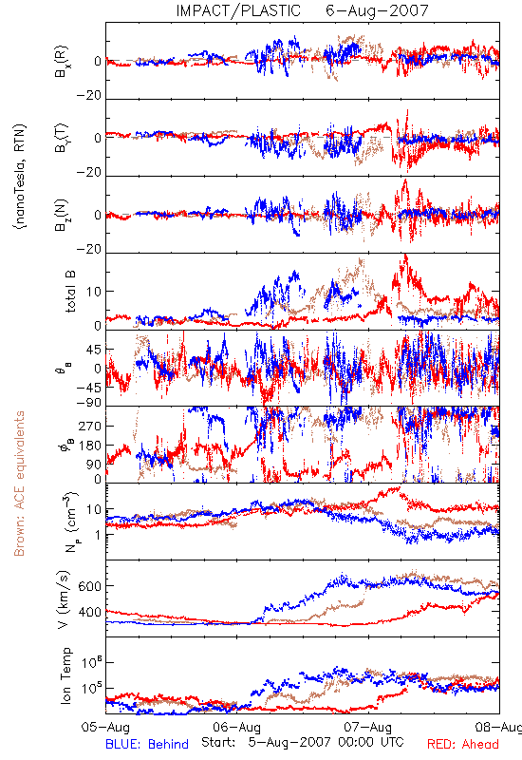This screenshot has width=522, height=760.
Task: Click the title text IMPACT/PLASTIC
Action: pos(238,10)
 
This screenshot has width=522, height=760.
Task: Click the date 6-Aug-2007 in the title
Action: pos(377,10)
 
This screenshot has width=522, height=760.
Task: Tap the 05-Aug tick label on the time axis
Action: pos(105,727)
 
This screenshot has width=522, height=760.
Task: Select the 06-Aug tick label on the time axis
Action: pos(236,727)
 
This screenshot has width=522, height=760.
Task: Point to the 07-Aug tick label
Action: pos(368,727)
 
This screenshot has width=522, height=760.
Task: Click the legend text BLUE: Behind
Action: pos(147,744)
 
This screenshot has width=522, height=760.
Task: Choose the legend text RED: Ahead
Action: pos(463,744)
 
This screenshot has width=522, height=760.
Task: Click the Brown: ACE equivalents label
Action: pos(19,484)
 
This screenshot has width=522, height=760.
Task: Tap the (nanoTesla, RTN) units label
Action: pos(20,177)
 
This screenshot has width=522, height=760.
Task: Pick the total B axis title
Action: pos(70,292)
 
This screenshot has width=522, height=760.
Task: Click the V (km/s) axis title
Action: pos(64,599)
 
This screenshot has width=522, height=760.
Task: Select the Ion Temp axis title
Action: pos(65,675)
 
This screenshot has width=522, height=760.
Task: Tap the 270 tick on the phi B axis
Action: pos(90,426)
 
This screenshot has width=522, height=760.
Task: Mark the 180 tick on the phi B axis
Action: pos(90,445)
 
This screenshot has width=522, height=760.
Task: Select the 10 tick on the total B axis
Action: pos(94,292)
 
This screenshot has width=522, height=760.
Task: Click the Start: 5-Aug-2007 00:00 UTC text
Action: pos(302,742)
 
